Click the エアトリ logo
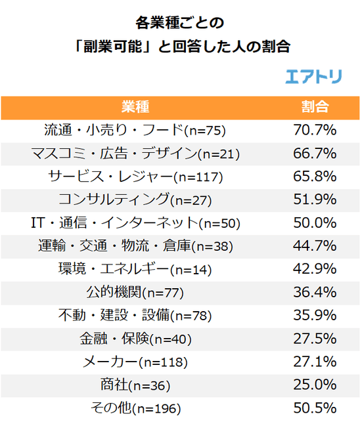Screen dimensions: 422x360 (x=313, y=76)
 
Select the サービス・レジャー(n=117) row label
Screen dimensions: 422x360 (x=135, y=177)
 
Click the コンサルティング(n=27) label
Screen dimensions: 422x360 (x=135, y=200)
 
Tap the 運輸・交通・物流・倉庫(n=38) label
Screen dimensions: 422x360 (x=135, y=246)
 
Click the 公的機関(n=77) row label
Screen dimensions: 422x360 (x=135, y=292)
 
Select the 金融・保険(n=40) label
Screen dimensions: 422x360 (x=135, y=339)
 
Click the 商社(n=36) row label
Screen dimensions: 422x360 (x=135, y=385)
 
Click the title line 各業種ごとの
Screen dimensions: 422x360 (x=179, y=24)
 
